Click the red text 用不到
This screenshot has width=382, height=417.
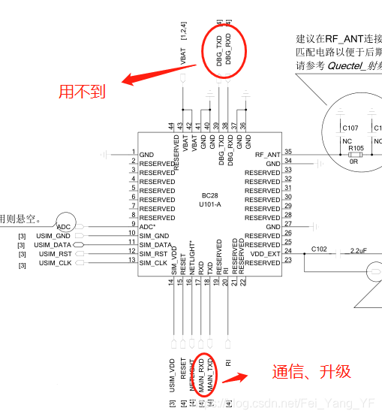point(83,92)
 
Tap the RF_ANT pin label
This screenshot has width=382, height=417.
point(267,155)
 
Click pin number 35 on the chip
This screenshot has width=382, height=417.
point(288,152)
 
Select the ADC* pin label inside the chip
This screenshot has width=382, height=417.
point(148,227)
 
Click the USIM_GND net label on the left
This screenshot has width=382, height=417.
point(55,236)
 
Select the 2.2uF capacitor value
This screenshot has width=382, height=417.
point(359,249)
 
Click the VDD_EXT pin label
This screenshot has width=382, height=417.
point(265,254)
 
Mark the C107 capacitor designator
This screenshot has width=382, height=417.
point(350,128)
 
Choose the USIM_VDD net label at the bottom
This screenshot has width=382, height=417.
point(173,376)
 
